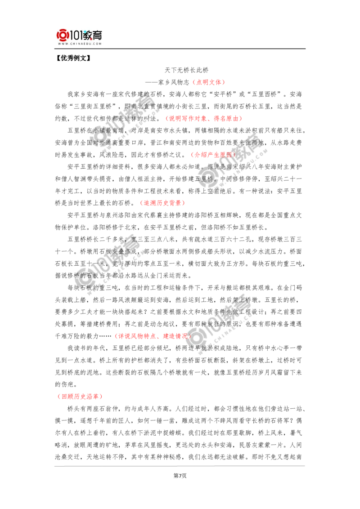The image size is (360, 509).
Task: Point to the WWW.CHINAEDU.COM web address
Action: click(79, 44)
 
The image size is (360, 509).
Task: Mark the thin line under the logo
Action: click(79, 49)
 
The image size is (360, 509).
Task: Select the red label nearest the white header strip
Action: click(208, 83)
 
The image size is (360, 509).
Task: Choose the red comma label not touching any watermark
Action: click(204, 119)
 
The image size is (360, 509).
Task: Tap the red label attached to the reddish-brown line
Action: click(163, 203)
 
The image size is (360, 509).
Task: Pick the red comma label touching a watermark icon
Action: click(152, 336)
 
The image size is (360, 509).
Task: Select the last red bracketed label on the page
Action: click(81, 397)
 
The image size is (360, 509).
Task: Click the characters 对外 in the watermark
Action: click(98, 143)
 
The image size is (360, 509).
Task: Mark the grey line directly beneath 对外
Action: click(135, 149)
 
